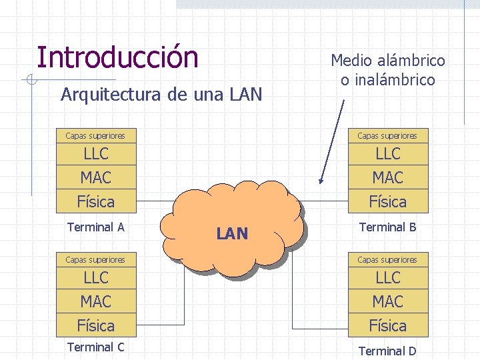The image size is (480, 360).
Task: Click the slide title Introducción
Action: (117, 57)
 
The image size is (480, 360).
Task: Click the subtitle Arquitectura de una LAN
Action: (161, 95)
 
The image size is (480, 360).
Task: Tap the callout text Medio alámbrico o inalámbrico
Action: (388, 71)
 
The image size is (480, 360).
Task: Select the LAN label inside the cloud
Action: (232, 234)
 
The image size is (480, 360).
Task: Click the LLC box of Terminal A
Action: (96, 154)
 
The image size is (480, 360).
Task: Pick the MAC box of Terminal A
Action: (96, 178)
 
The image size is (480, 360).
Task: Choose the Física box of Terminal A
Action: (96, 201)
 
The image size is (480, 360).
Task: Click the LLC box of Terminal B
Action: (388, 154)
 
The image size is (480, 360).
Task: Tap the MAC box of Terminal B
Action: (388, 178)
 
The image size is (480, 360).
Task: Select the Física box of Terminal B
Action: (388, 201)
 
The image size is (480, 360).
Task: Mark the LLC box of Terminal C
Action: (96, 278)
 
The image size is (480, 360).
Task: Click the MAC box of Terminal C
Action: (96, 302)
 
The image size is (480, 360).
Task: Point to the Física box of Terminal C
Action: (96, 325)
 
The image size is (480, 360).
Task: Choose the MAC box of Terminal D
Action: (388, 302)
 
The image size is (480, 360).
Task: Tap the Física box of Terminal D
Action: (388, 325)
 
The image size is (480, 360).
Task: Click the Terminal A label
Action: (96, 227)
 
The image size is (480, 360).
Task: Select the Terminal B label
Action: (388, 227)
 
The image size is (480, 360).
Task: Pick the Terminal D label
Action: (388, 351)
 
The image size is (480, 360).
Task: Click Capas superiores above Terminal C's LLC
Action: (95, 259)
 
